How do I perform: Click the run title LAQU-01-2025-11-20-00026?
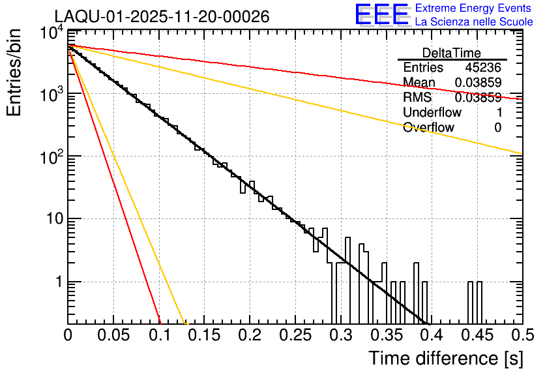pyautogui.click(x=162, y=17)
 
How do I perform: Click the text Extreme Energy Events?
pyautogui.click(x=474, y=8)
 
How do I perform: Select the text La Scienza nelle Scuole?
pyautogui.click(x=474, y=22)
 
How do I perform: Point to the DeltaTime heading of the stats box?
pyautogui.click(x=452, y=53)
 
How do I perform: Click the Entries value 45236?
pyautogui.click(x=483, y=68)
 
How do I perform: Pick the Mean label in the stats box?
pyautogui.click(x=419, y=83)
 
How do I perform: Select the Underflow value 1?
pyautogui.click(x=497, y=113)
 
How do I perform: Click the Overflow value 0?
pyautogui.click(x=497, y=128)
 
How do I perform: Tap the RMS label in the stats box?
pyautogui.click(x=417, y=98)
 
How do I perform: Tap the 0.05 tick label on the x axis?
pyautogui.click(x=114, y=335)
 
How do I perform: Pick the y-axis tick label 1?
pyautogui.click(x=57, y=282)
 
